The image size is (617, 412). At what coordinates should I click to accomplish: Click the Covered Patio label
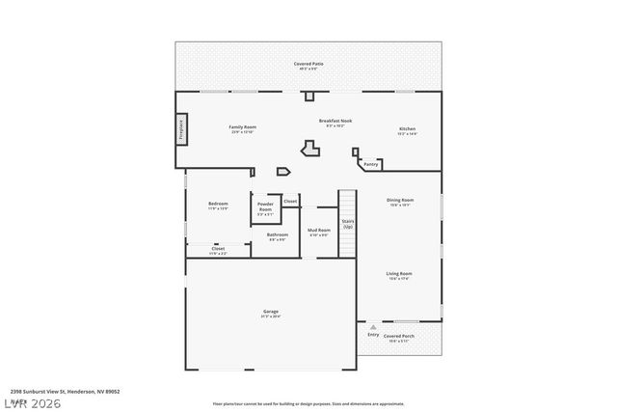308,64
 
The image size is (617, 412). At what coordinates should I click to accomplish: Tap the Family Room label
242,127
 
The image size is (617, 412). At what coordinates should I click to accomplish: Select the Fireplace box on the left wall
180,129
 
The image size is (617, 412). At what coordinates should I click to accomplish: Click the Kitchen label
408,129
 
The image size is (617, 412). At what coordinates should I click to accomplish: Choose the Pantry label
371,164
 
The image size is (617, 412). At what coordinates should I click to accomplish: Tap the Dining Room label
400,201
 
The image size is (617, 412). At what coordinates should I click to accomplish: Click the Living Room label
399,275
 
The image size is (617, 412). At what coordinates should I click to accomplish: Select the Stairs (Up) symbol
348,224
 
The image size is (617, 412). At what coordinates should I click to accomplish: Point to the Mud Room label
318,231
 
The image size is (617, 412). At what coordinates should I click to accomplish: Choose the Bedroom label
218,204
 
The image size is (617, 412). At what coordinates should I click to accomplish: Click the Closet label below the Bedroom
219,249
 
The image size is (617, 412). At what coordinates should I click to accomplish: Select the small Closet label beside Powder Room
290,201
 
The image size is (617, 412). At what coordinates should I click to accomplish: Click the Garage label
271,312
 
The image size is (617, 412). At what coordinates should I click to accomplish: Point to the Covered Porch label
399,338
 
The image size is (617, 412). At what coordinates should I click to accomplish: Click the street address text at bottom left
60,391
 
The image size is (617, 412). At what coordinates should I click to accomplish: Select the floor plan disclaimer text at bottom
308,403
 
